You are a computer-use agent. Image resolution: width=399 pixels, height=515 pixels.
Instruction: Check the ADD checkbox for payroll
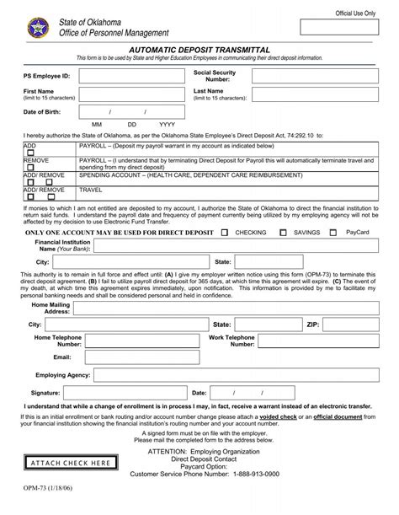28,152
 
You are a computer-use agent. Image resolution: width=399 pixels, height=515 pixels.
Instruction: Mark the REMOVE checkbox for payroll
28,166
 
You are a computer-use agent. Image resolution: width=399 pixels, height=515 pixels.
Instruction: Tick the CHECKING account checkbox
227,231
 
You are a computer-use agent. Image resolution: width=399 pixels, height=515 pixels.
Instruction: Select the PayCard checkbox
338,231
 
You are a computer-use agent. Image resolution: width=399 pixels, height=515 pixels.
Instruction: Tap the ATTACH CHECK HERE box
70,464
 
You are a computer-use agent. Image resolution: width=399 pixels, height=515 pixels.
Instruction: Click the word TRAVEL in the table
91,190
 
